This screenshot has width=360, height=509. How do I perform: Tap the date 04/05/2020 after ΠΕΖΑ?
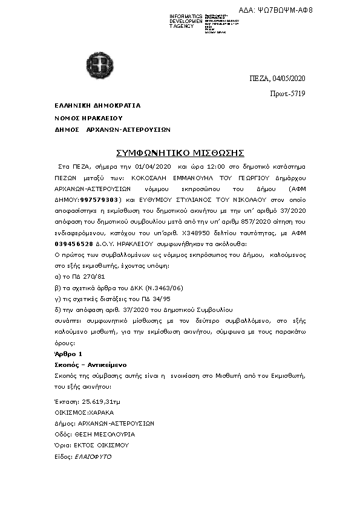289,79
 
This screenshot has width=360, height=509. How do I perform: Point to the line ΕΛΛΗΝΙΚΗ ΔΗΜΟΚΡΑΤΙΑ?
97,105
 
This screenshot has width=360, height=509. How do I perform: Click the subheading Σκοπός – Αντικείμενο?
88,365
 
